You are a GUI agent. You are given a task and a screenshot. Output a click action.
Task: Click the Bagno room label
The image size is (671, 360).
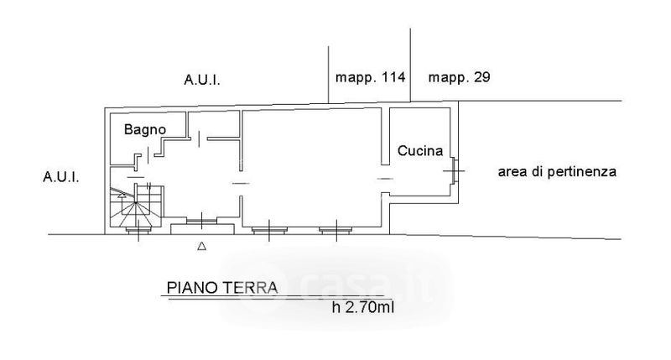pyautogui.click(x=144, y=130)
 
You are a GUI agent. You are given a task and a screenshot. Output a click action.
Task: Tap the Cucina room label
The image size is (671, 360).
pyautogui.click(x=420, y=151)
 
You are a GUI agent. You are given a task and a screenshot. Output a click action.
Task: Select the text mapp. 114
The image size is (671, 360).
pyautogui.click(x=370, y=77)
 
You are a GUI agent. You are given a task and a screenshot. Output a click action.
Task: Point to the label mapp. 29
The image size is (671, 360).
pyautogui.click(x=459, y=77)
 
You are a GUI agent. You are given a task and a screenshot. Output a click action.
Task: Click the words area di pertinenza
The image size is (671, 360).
pyautogui.click(x=557, y=172)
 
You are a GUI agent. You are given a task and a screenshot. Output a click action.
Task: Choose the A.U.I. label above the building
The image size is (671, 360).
pyautogui.click(x=202, y=80)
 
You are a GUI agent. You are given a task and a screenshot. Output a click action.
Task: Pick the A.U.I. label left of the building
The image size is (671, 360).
pyautogui.click(x=60, y=177)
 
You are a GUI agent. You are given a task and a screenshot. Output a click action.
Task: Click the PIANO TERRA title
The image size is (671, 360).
pyautogui.click(x=222, y=288)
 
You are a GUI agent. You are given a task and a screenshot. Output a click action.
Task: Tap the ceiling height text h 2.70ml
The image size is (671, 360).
pyautogui.click(x=363, y=307)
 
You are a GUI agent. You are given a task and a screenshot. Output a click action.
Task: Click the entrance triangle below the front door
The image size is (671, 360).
pyautogui.click(x=201, y=246)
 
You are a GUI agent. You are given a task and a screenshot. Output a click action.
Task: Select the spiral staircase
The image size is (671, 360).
pyautogui.click(x=136, y=206)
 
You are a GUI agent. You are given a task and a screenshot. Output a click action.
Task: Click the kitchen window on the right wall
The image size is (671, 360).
pyautogui.click(x=455, y=171)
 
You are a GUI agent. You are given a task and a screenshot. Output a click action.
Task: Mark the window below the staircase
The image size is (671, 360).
pyautogui.click(x=138, y=230)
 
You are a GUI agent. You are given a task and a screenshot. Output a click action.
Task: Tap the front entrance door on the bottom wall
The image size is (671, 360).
pyautogui.click(x=201, y=221)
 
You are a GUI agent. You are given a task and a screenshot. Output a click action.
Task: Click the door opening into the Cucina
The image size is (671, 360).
pyautogui.click(x=385, y=179)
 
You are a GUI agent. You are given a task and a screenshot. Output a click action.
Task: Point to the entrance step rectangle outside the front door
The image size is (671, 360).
pyautogui.click(x=202, y=229)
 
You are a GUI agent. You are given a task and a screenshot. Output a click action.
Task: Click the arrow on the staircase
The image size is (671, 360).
pyautogui.click(x=122, y=196)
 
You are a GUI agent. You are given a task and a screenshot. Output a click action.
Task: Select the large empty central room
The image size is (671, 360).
pyautogui.click(x=311, y=167)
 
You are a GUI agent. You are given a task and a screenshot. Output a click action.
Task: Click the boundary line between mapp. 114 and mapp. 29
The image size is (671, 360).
pyautogui.click(x=411, y=65)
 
